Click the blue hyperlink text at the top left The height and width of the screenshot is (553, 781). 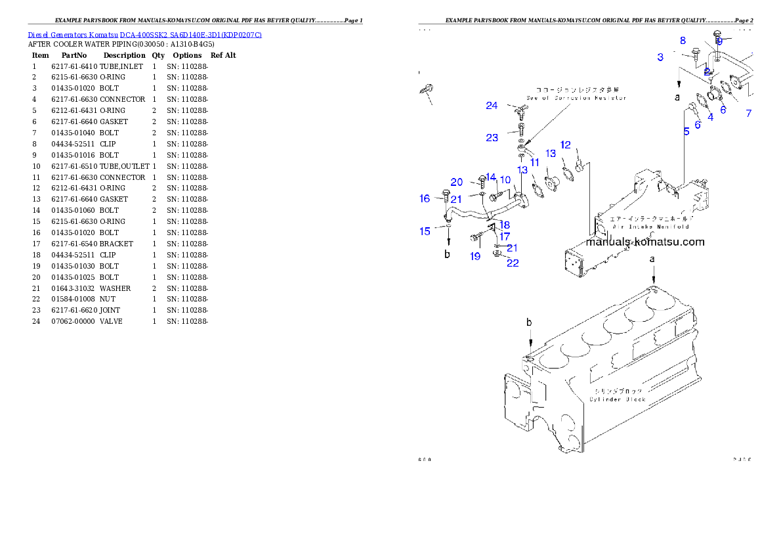(x=144, y=35)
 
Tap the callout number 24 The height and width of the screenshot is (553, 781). (x=492, y=106)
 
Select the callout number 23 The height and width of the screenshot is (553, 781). (x=492, y=137)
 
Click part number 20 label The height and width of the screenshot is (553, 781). (x=457, y=182)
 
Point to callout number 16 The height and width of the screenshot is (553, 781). (x=425, y=198)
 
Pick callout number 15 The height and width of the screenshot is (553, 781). (x=425, y=231)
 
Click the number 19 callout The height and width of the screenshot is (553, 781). (x=475, y=256)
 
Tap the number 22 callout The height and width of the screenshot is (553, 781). (x=513, y=263)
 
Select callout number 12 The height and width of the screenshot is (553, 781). (x=566, y=144)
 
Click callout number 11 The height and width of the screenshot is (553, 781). (x=535, y=162)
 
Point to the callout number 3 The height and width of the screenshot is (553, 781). (x=660, y=57)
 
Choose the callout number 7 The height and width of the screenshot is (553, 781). (x=749, y=113)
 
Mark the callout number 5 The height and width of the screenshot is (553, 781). (x=686, y=131)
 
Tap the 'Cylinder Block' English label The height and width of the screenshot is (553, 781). (x=617, y=399)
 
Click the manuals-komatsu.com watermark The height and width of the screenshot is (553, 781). (x=645, y=242)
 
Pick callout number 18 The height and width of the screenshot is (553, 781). (x=505, y=225)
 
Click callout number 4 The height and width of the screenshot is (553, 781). (x=710, y=116)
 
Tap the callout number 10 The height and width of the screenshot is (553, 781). (x=505, y=179)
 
